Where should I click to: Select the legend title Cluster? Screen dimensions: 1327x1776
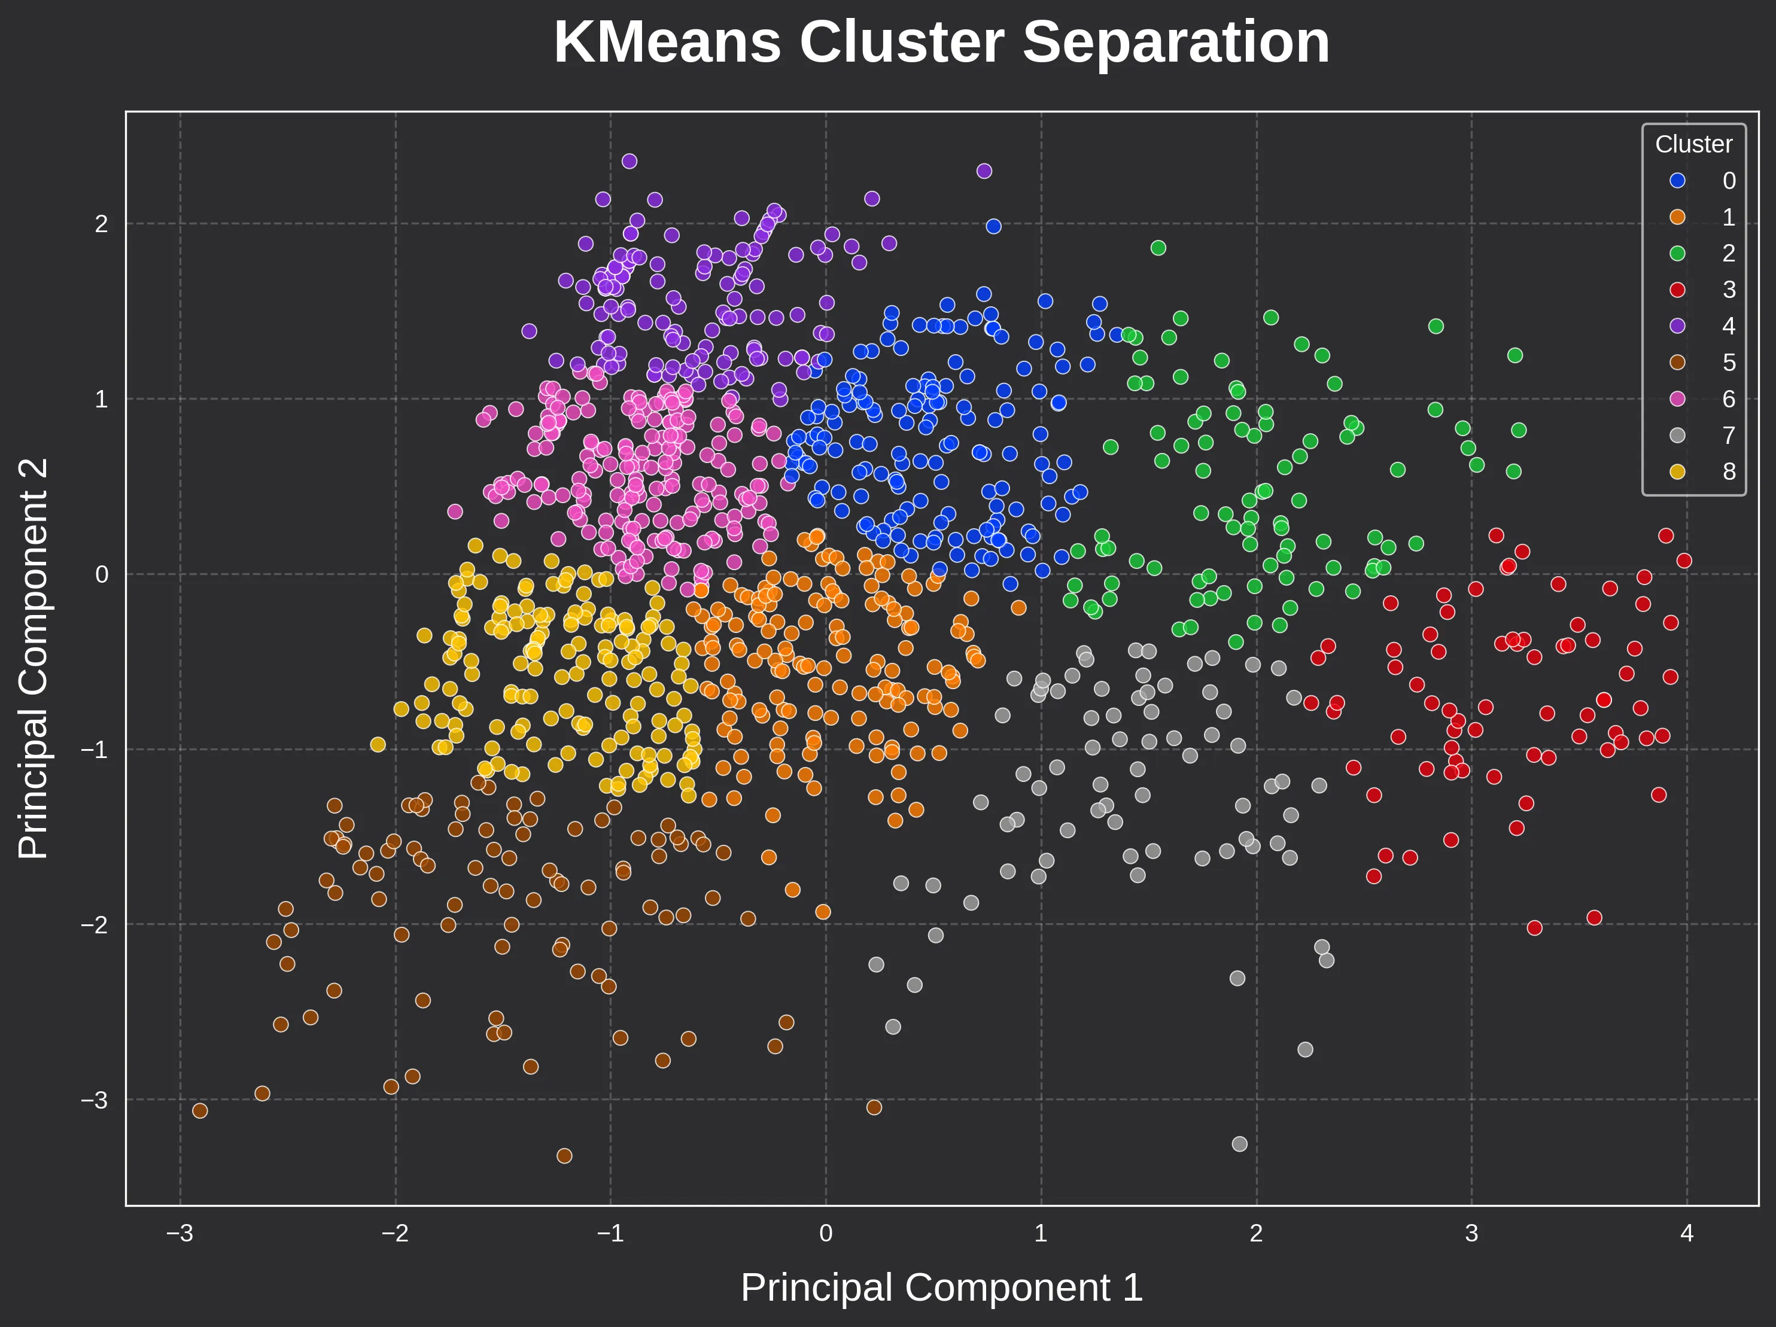click(1693, 145)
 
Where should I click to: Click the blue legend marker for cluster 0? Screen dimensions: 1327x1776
click(1677, 181)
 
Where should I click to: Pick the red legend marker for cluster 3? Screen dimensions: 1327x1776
click(1677, 290)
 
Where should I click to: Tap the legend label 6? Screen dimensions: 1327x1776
click(1729, 399)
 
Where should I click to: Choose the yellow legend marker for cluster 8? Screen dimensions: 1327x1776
click(1677, 471)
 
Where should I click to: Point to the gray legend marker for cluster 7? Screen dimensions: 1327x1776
click(1677, 435)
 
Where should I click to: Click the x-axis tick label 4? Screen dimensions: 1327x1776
click(1686, 1233)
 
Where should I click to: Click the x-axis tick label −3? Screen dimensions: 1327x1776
click(180, 1233)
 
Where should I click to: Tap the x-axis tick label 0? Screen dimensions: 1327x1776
click(825, 1233)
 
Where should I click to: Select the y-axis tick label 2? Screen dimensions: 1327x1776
click(101, 224)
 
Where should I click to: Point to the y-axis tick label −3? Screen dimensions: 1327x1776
click(95, 1100)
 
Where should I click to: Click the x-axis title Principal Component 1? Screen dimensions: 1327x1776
click(941, 1288)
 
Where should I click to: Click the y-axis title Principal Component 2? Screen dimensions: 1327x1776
click(34, 658)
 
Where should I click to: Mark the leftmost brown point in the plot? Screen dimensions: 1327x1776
click(200, 1110)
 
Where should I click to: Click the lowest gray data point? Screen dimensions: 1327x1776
click(1240, 1143)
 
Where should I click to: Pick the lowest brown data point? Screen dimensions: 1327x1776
click(564, 1155)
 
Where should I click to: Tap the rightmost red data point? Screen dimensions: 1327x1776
click(1684, 561)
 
